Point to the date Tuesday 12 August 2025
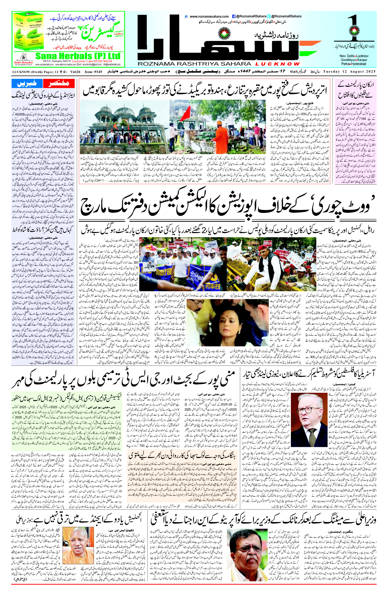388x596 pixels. [x=349, y=72]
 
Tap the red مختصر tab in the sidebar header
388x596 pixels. [x=59, y=83]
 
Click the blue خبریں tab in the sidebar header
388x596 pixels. [x=27, y=83]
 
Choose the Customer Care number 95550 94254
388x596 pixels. [x=100, y=61]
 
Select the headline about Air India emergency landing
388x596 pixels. [x=43, y=95]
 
